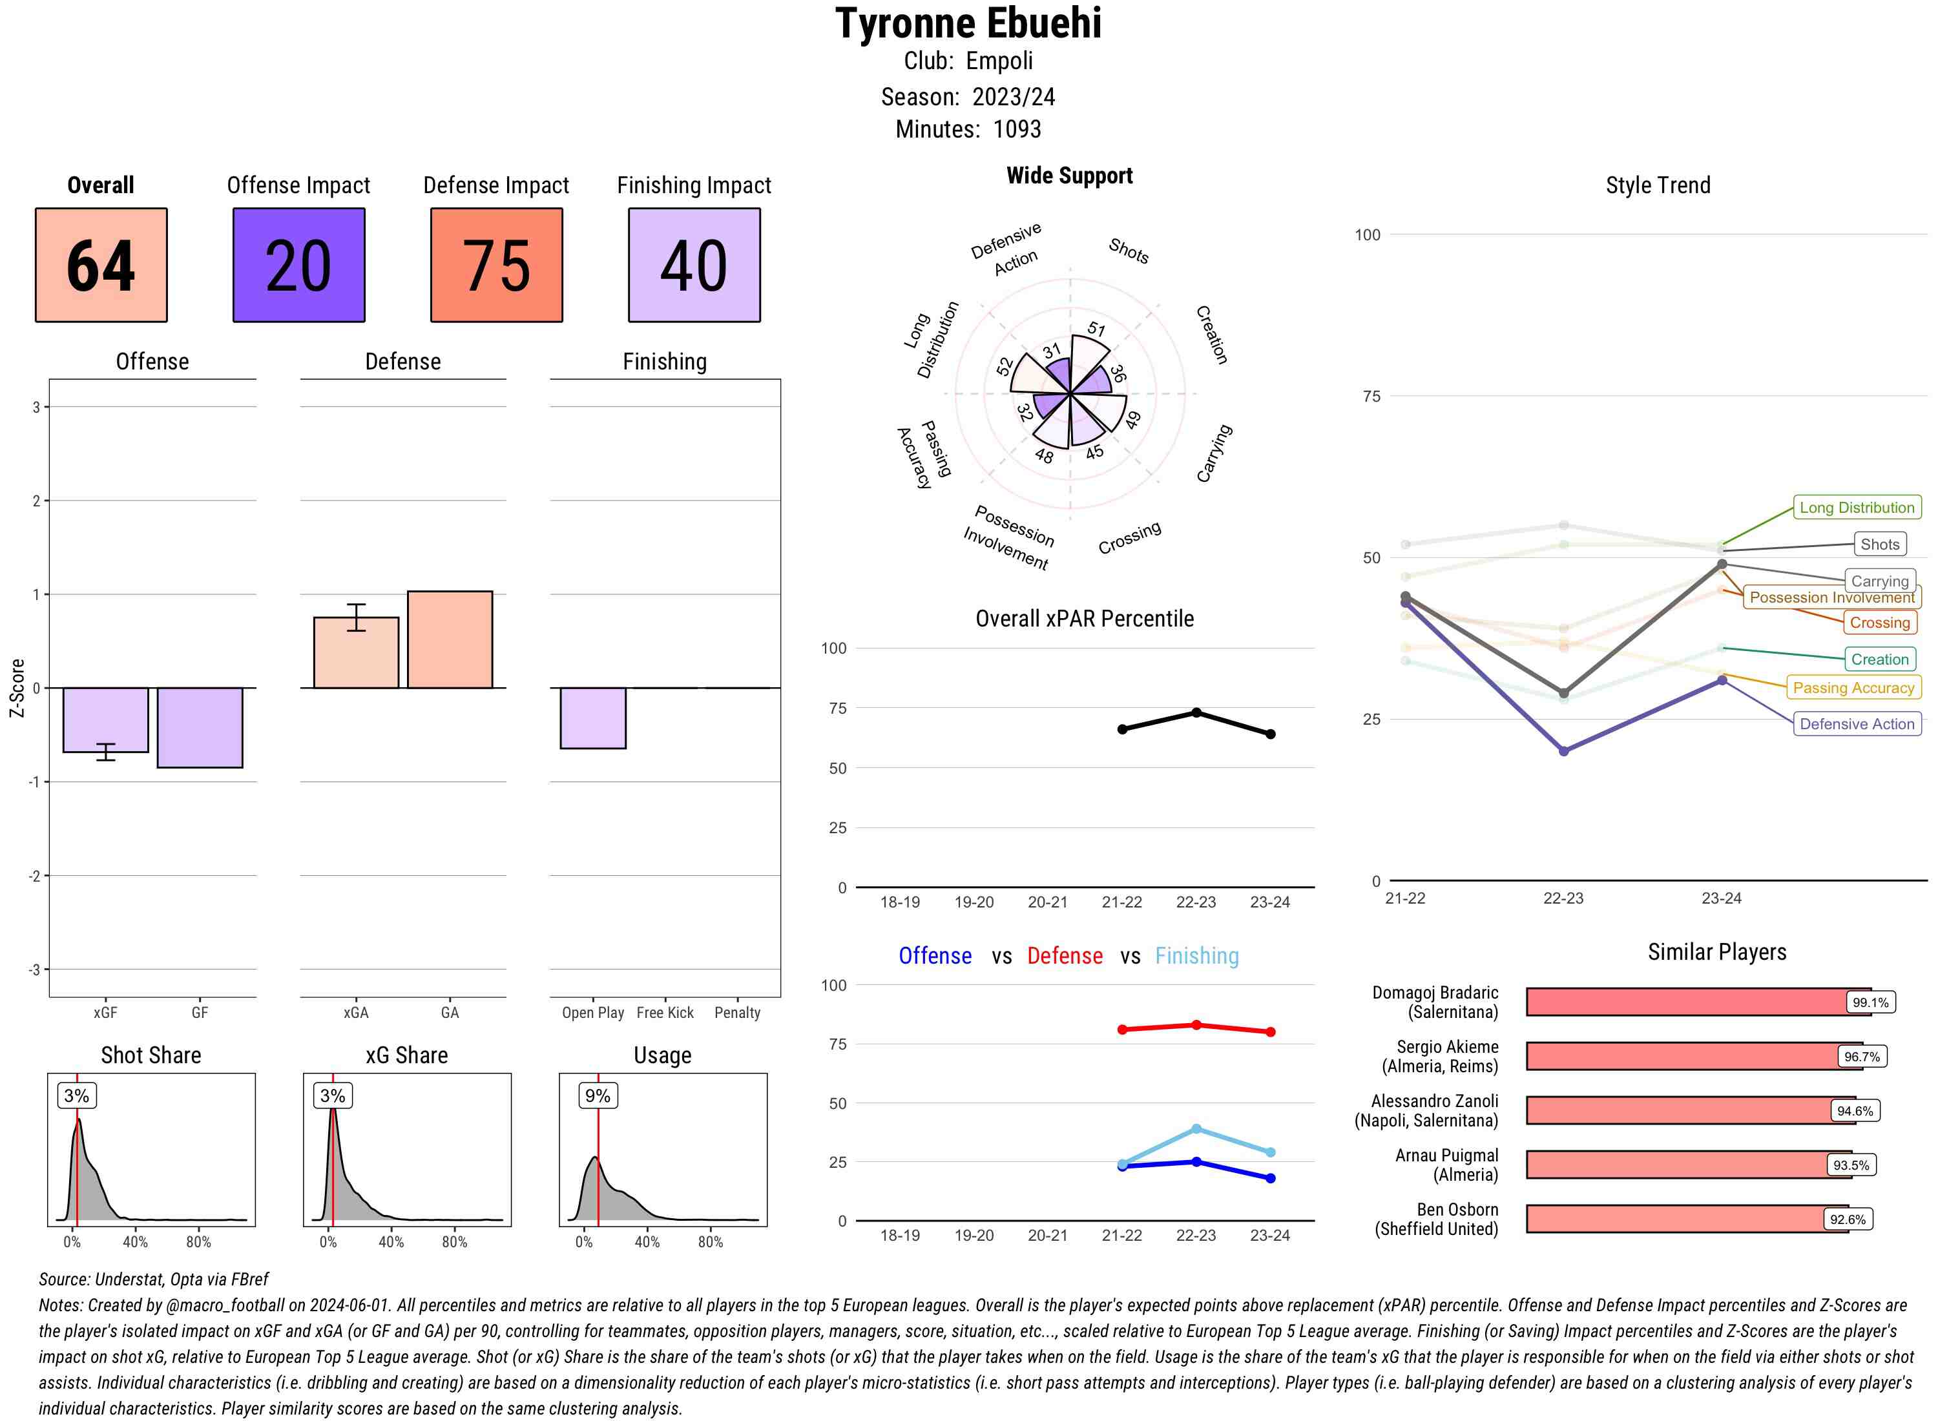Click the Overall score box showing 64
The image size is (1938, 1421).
point(101,265)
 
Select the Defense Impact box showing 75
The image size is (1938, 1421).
point(496,265)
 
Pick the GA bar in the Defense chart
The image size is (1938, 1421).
point(450,639)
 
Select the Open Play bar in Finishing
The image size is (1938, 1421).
point(592,718)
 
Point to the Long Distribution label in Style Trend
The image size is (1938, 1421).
point(1857,508)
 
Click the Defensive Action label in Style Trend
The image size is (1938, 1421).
point(1857,724)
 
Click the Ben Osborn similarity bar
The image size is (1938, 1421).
point(1686,1219)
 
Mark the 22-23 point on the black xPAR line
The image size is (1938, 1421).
point(1196,713)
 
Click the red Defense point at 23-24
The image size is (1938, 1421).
point(1271,1032)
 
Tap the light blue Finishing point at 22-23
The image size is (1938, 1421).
point(1196,1128)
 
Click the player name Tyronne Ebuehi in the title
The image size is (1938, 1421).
point(968,23)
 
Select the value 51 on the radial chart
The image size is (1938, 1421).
point(1096,329)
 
